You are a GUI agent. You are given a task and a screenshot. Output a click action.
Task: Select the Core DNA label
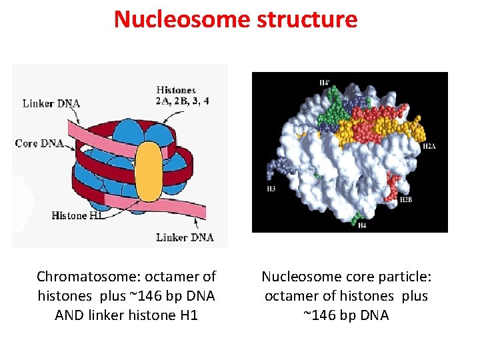pyautogui.click(x=38, y=143)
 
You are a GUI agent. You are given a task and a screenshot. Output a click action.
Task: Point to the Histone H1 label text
pyautogui.click(x=77, y=215)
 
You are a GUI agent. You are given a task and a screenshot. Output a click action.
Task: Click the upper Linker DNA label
pyautogui.click(x=51, y=103)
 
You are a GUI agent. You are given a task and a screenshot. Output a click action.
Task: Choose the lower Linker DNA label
pyautogui.click(x=185, y=237)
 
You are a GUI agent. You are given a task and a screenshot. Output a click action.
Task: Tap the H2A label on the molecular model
pyautogui.click(x=429, y=146)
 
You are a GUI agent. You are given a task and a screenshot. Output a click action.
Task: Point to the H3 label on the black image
pyautogui.click(x=271, y=189)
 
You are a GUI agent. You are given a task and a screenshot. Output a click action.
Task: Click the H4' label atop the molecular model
pyautogui.click(x=324, y=82)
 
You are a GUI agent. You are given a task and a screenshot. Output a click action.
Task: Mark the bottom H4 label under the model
pyautogui.click(x=362, y=226)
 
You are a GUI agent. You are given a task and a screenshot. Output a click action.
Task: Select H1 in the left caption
pyautogui.click(x=189, y=315)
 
